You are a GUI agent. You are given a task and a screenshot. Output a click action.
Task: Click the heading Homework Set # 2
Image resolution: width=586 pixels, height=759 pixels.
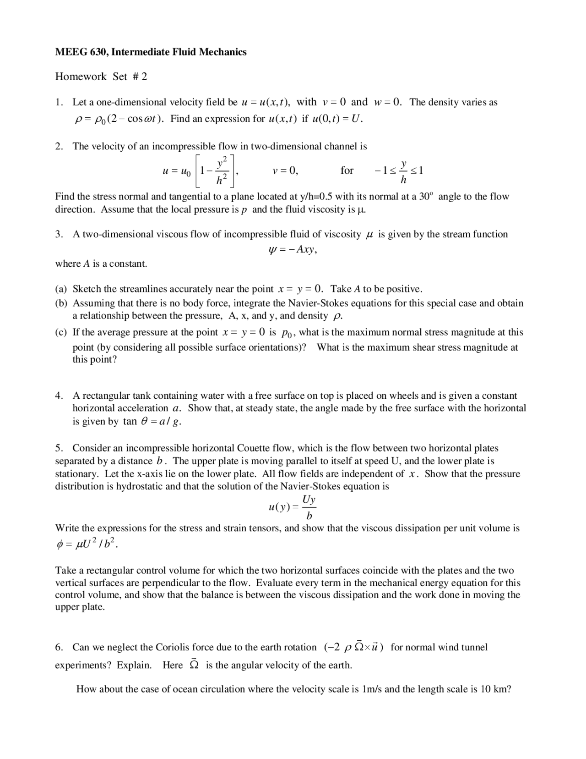[x=101, y=77]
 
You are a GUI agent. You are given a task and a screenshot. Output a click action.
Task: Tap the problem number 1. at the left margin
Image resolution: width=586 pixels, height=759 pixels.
[x=59, y=102]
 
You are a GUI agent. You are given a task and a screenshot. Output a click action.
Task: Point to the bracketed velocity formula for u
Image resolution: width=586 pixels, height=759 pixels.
[x=200, y=171]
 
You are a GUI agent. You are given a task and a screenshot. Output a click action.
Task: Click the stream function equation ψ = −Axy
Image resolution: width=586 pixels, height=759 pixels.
[x=292, y=249]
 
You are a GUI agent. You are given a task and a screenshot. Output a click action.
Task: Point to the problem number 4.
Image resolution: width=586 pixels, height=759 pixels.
[x=59, y=396]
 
